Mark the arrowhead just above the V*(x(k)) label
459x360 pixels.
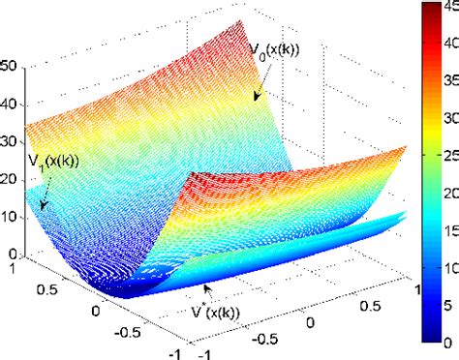204,287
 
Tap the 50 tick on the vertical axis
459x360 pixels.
10,66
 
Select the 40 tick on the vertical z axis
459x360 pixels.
10,103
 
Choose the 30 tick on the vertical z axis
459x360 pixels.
10,140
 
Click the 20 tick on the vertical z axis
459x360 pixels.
10,178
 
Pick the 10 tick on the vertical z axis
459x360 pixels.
10,216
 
